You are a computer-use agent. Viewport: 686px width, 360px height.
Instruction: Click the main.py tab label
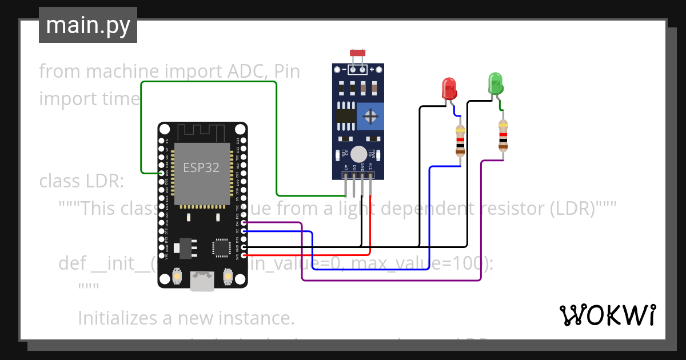tap(87, 26)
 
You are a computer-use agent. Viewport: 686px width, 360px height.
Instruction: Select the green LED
tap(495, 83)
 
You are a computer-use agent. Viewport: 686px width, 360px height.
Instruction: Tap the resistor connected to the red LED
tap(460, 141)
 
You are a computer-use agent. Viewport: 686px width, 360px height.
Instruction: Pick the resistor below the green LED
tap(502, 135)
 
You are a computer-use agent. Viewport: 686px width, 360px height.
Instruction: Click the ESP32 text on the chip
tap(201, 168)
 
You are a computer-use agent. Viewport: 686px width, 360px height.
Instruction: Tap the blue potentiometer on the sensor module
tap(371, 117)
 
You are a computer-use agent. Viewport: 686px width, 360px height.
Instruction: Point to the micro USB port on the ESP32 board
tap(203, 281)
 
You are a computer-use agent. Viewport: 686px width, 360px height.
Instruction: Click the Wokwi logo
tap(607, 315)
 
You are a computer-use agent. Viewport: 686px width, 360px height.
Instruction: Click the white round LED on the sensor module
tap(358, 154)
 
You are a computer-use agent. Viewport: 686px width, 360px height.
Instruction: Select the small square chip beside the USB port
tap(220, 247)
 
